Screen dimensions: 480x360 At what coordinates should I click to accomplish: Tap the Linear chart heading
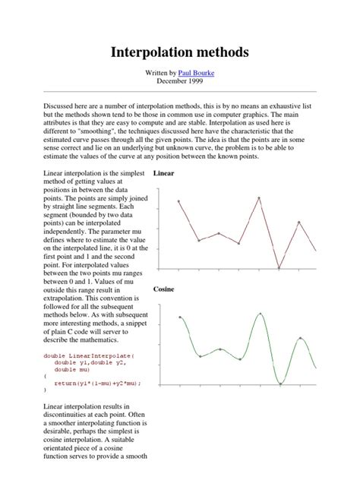click(163, 174)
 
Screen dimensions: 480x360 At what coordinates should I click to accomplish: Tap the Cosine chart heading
click(163, 289)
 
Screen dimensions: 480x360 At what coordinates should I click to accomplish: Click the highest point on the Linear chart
click(259, 198)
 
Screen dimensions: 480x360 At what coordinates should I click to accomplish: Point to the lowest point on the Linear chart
click(279, 268)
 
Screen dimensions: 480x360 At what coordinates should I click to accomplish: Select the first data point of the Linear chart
click(178, 201)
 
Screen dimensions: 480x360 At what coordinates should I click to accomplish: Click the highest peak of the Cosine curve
click(260, 313)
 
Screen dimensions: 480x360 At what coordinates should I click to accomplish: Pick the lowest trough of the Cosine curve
click(279, 383)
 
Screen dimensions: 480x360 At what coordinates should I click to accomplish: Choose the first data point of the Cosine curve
click(179, 317)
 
